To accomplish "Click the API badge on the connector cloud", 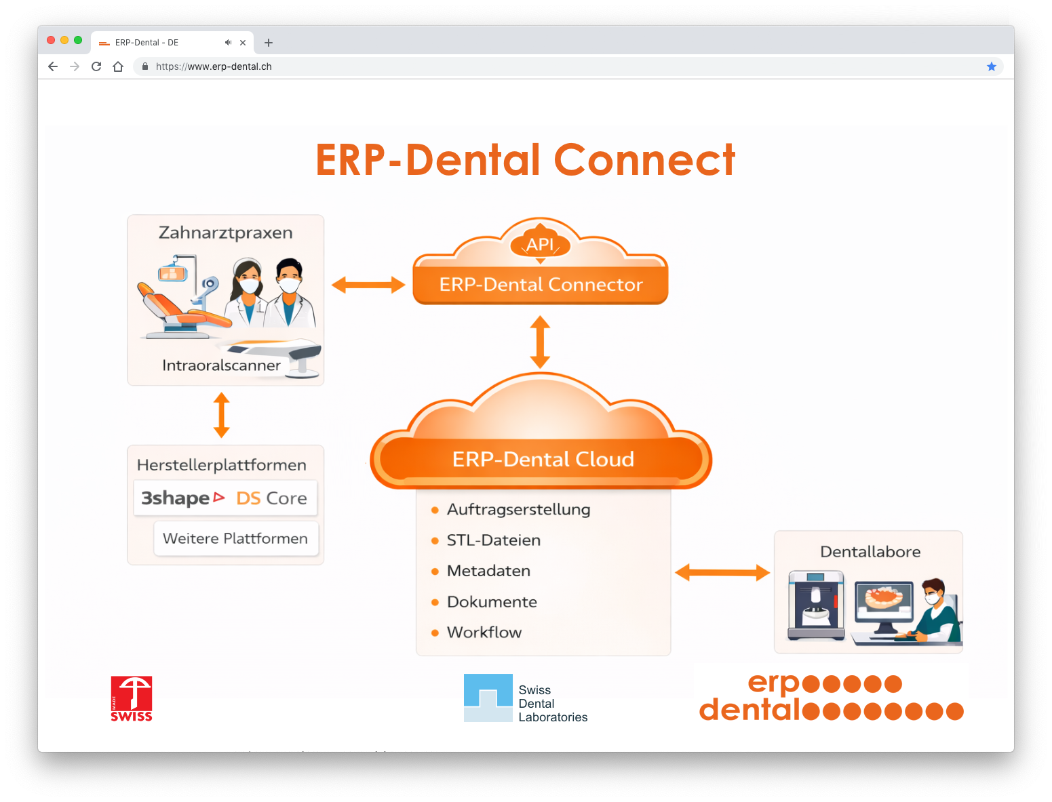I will pyautogui.click(x=540, y=245).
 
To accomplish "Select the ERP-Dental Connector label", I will pyautogui.click(x=541, y=285).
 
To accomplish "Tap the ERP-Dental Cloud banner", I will pyautogui.click(x=543, y=460).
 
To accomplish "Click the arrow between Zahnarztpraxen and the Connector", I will pyautogui.click(x=368, y=285).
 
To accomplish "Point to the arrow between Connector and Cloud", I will pyautogui.click(x=540, y=342).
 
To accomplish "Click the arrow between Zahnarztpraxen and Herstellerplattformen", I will pyautogui.click(x=222, y=415).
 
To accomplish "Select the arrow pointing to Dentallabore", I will pyautogui.click(x=722, y=573).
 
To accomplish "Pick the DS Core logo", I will pyautogui.click(x=271, y=498).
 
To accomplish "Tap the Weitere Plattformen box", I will pyautogui.click(x=235, y=538).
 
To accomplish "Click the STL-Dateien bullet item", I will pyautogui.click(x=493, y=540).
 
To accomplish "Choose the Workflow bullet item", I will pyautogui.click(x=484, y=633).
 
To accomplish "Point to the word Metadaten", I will pyautogui.click(x=488, y=571).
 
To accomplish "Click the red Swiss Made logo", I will pyautogui.click(x=132, y=698).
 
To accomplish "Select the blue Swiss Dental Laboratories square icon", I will pyautogui.click(x=488, y=698).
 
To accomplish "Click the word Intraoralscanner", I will pyautogui.click(x=221, y=365).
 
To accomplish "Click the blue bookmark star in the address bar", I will pyautogui.click(x=992, y=66).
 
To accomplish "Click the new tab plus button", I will pyautogui.click(x=269, y=43).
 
